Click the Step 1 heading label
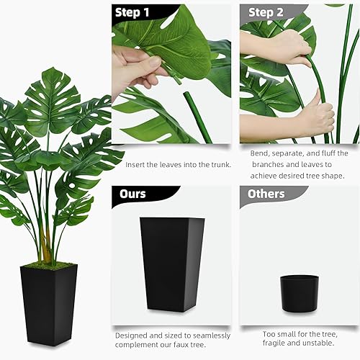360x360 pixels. click(x=132, y=12)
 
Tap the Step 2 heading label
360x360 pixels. click(x=266, y=12)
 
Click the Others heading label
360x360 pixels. click(x=267, y=194)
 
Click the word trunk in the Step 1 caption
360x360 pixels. click(x=217, y=165)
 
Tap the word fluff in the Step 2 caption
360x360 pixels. click(x=330, y=153)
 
